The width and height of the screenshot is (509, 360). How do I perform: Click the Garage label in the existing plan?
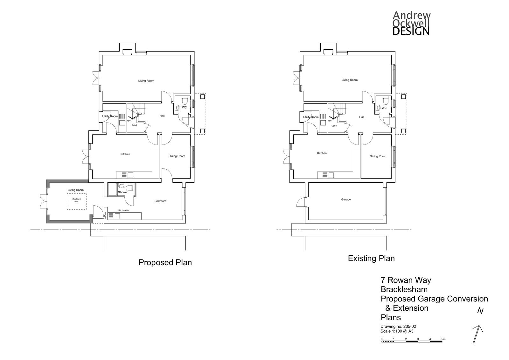(x=346, y=200)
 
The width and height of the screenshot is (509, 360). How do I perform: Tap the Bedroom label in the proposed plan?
(x=160, y=201)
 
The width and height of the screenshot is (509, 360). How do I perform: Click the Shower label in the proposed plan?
(x=123, y=192)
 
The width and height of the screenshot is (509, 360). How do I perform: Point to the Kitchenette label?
(x=123, y=210)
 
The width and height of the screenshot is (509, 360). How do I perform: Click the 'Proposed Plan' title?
(x=165, y=262)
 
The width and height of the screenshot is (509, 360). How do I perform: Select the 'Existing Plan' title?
(x=371, y=258)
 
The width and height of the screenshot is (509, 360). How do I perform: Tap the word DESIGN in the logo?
(x=411, y=31)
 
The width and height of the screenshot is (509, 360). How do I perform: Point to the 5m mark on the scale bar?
(x=443, y=339)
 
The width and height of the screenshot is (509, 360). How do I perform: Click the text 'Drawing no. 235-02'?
(x=398, y=326)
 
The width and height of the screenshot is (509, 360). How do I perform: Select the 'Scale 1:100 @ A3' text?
(x=397, y=331)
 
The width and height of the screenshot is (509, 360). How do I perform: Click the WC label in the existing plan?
(x=384, y=108)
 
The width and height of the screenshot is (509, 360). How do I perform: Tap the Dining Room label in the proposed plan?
(x=177, y=156)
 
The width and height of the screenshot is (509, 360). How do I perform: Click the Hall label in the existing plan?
(x=362, y=117)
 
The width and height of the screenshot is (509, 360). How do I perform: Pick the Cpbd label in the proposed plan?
(x=134, y=125)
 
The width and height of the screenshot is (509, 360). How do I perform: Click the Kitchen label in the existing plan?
(x=322, y=153)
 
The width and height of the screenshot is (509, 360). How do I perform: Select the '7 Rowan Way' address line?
(x=406, y=280)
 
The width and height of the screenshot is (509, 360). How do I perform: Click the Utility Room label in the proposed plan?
(x=110, y=116)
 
